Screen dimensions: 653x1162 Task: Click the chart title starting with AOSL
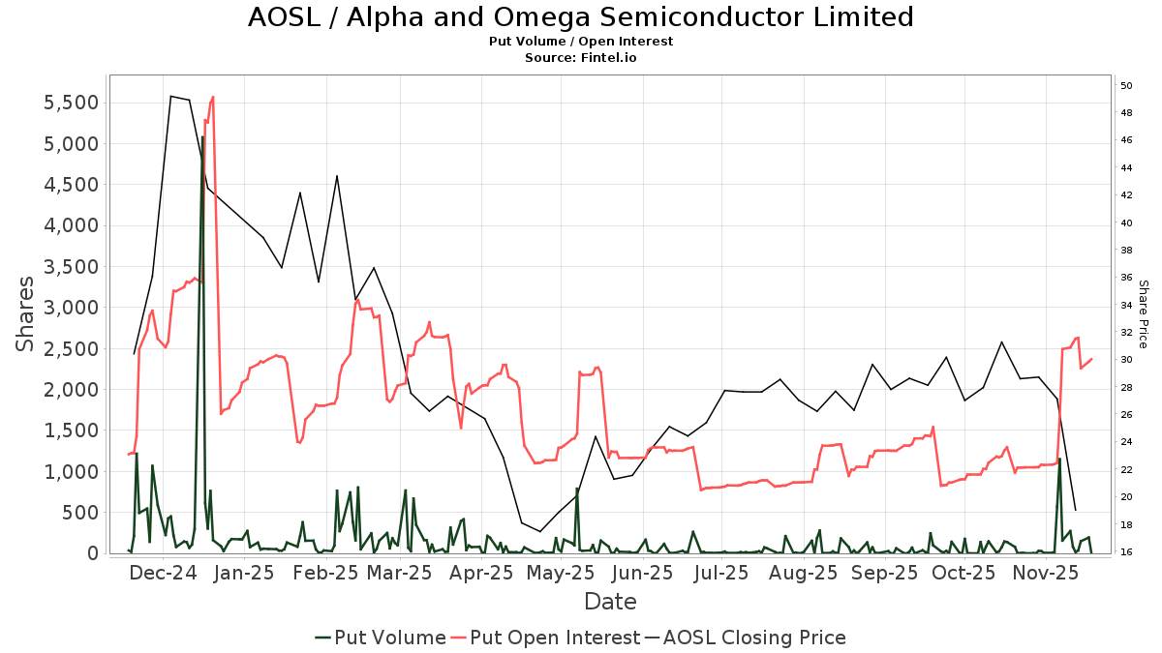(580, 17)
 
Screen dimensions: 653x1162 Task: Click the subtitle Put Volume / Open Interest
(580, 42)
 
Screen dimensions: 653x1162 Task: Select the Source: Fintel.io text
(580, 58)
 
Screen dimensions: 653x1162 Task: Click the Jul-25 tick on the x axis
(720, 574)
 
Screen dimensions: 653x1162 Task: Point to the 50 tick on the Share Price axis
(1127, 86)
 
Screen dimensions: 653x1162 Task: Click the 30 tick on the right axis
(1127, 360)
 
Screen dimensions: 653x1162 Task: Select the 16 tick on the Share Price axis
(1127, 552)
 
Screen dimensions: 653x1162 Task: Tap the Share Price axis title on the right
(1143, 314)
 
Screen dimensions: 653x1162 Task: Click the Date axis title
(610, 602)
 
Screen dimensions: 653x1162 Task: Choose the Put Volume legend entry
(381, 638)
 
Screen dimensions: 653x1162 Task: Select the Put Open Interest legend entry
(545, 638)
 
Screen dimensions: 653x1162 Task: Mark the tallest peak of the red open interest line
(212, 97)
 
